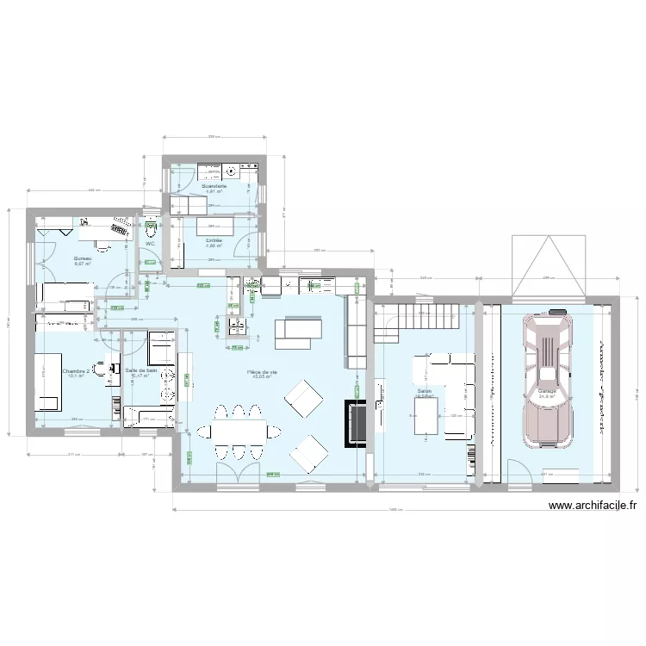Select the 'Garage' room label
click(546, 390)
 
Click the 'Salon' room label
click(424, 391)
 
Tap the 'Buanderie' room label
click(214, 186)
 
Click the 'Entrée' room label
click(214, 240)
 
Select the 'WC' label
click(150, 244)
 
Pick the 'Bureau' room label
click(83, 258)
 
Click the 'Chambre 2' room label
click(76, 370)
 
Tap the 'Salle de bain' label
click(141, 370)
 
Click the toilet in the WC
click(151, 229)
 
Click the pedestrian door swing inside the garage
click(518, 472)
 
